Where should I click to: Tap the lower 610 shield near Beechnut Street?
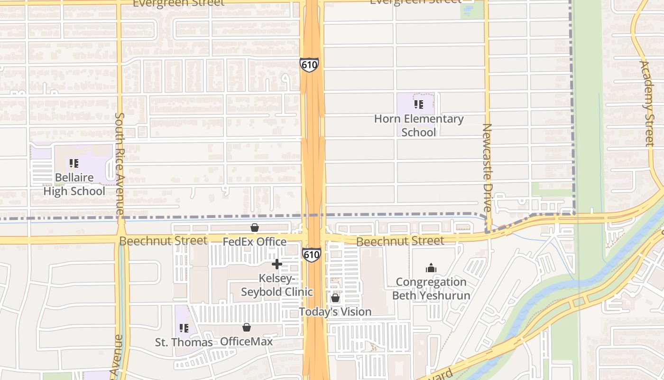click(x=312, y=255)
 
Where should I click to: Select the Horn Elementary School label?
click(x=418, y=126)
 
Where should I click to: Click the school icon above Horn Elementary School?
click(x=418, y=104)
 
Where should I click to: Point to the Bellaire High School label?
click(x=74, y=184)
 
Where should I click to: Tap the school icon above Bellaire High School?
click(x=74, y=163)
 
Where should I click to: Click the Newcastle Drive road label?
click(x=488, y=168)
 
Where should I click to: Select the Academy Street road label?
click(x=647, y=103)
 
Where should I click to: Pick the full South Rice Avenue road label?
click(x=120, y=163)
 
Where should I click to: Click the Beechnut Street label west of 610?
click(x=163, y=241)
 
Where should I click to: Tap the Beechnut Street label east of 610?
click(x=400, y=241)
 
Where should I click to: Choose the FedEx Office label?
click(x=255, y=242)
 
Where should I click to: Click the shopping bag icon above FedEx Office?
click(x=255, y=228)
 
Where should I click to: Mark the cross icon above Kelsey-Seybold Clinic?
click(x=277, y=264)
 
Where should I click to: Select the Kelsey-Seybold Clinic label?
click(x=277, y=285)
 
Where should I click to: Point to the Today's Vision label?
click(x=335, y=312)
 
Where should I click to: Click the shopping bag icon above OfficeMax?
click(x=246, y=327)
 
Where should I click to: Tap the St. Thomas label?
click(x=184, y=342)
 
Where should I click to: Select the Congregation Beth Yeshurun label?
click(x=431, y=289)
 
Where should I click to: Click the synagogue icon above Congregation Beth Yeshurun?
click(x=431, y=268)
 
